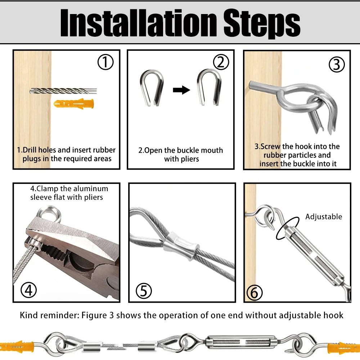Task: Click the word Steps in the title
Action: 262,24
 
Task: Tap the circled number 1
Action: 105,62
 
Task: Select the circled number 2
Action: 221,62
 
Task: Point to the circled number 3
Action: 337,64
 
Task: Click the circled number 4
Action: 29,290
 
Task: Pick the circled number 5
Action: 144,291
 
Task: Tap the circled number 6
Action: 255,293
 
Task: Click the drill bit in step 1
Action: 63,91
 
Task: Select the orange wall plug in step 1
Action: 74,104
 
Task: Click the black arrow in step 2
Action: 181,90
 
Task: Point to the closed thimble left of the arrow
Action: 152,88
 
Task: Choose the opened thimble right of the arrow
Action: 209,87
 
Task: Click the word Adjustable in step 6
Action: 324,217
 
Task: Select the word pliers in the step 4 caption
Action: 93,197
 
